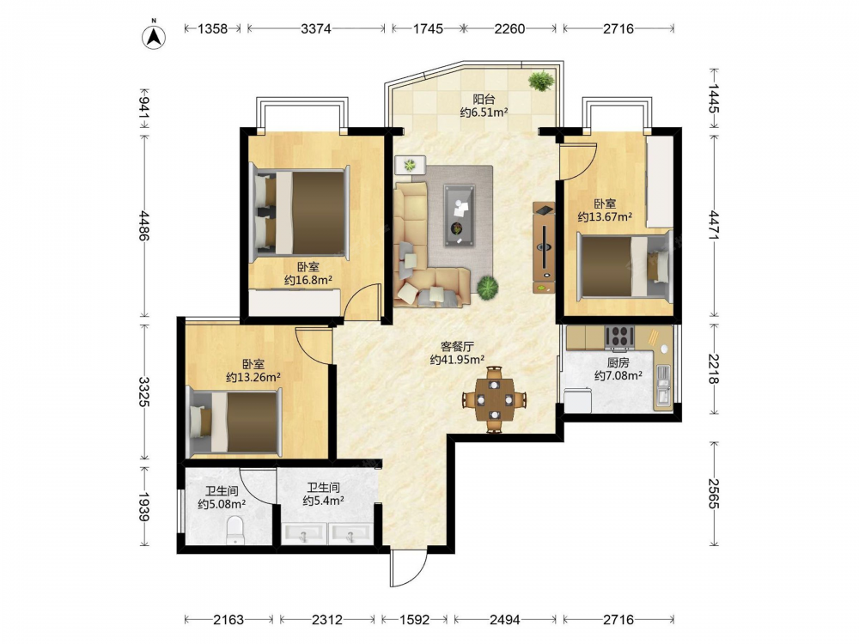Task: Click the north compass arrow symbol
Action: tap(155, 35)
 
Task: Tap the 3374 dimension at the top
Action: tap(315, 28)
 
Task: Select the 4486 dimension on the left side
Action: tap(144, 225)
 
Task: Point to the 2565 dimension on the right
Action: tap(713, 494)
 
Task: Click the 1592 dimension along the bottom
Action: tap(414, 619)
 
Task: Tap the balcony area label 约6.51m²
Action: tap(484, 112)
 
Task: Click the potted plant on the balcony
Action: tap(541, 81)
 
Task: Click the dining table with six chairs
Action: tap(494, 399)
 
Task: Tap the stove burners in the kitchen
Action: tap(619, 337)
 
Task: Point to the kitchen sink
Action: tap(663, 386)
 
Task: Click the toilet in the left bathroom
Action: tap(235, 530)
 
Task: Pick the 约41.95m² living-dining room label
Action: tap(457, 360)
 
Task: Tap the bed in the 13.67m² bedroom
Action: tap(625, 267)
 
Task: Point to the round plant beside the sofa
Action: tap(487, 287)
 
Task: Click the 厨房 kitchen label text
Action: tap(618, 362)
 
